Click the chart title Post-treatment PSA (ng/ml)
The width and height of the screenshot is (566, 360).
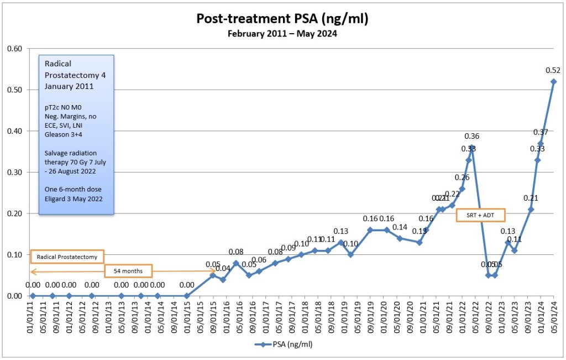[x=282, y=19]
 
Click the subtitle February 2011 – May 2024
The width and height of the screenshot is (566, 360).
[x=282, y=33]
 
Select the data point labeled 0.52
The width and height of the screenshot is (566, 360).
[x=553, y=82]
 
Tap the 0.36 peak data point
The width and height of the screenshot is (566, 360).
[x=472, y=148]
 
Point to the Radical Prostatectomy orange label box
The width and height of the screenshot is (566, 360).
[x=67, y=257]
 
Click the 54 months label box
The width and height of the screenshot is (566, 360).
[x=128, y=272]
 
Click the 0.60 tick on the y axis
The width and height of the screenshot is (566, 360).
[x=14, y=49]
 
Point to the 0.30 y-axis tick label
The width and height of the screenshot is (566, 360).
[x=14, y=172]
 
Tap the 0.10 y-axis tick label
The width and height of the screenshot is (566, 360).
[x=14, y=254]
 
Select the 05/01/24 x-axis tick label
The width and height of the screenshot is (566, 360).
[x=553, y=316]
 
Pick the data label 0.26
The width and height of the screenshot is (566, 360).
[x=462, y=178]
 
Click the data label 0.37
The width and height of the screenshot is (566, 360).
[x=540, y=132]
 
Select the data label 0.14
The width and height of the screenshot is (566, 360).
[x=400, y=227]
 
